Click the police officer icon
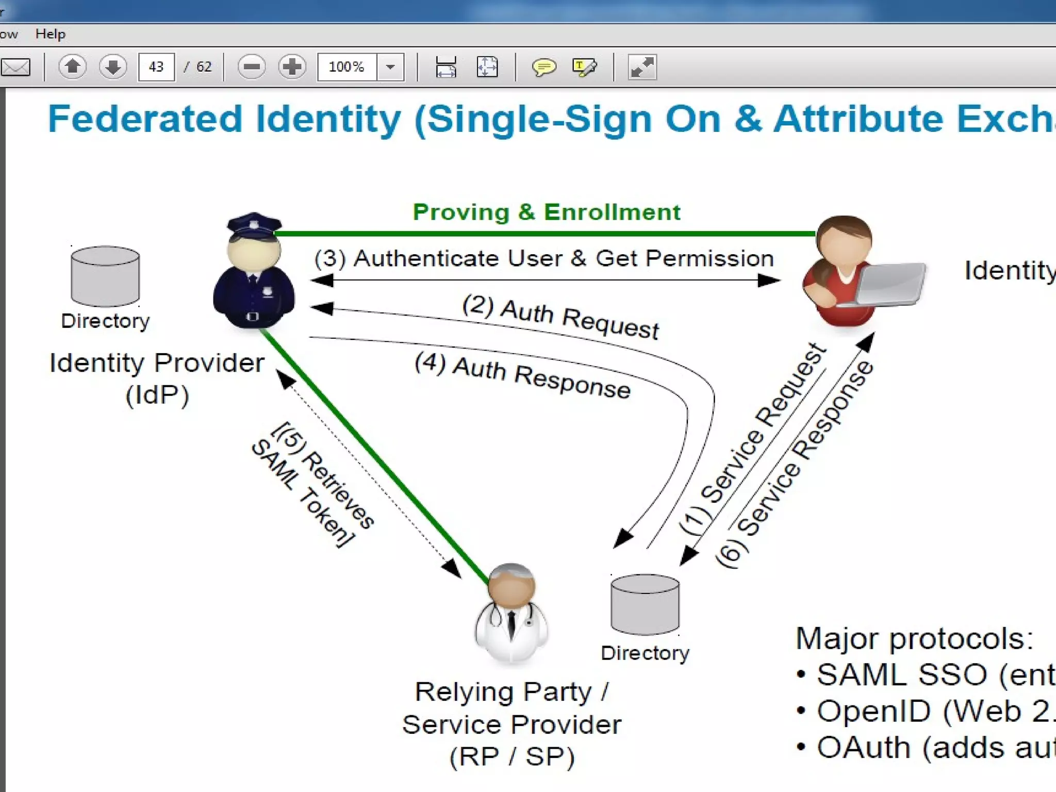pyautogui.click(x=254, y=271)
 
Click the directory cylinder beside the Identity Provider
pyautogui.click(x=105, y=276)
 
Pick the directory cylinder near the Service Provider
pyautogui.click(x=645, y=604)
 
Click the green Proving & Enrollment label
pyautogui.click(x=547, y=212)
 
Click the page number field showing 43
pyautogui.click(x=156, y=67)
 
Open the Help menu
pyautogui.click(x=51, y=34)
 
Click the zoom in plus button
pyautogui.click(x=292, y=67)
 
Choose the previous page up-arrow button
pyautogui.click(x=72, y=67)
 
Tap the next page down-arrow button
pyautogui.click(x=113, y=67)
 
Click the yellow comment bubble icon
pyautogui.click(x=543, y=67)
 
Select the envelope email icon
pyautogui.click(x=15, y=67)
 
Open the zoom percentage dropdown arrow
pyautogui.click(x=390, y=67)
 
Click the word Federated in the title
pyautogui.click(x=145, y=119)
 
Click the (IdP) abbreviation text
pyautogui.click(x=157, y=395)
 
